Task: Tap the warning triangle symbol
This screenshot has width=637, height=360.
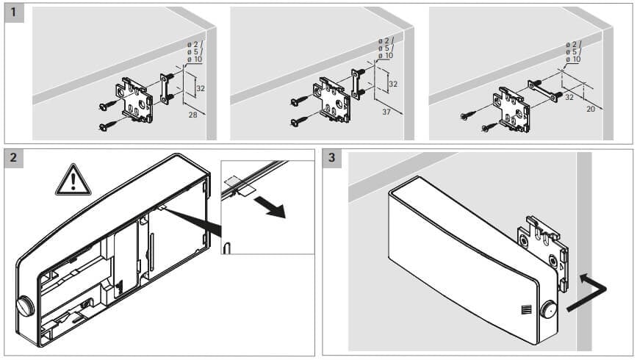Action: (x=73, y=181)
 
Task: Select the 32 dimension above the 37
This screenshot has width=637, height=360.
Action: (x=393, y=84)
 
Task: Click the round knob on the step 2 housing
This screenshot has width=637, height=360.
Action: (x=24, y=303)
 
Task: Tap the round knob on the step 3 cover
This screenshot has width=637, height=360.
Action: (x=547, y=309)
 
